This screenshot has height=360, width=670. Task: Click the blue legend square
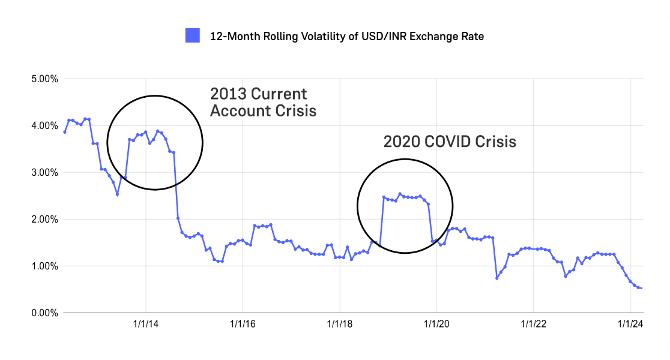coord(192,36)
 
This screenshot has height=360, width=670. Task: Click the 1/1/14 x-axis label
coord(145,324)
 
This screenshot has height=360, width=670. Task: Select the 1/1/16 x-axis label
coord(242,324)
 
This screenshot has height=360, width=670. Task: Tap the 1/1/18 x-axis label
coord(339,324)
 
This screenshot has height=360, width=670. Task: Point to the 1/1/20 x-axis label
coord(436,324)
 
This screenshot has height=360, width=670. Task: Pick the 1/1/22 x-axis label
coord(533,324)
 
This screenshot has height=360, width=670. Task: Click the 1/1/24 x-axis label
coord(630,324)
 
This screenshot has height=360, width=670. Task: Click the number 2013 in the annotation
coord(227,94)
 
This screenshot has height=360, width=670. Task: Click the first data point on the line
coord(64,132)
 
